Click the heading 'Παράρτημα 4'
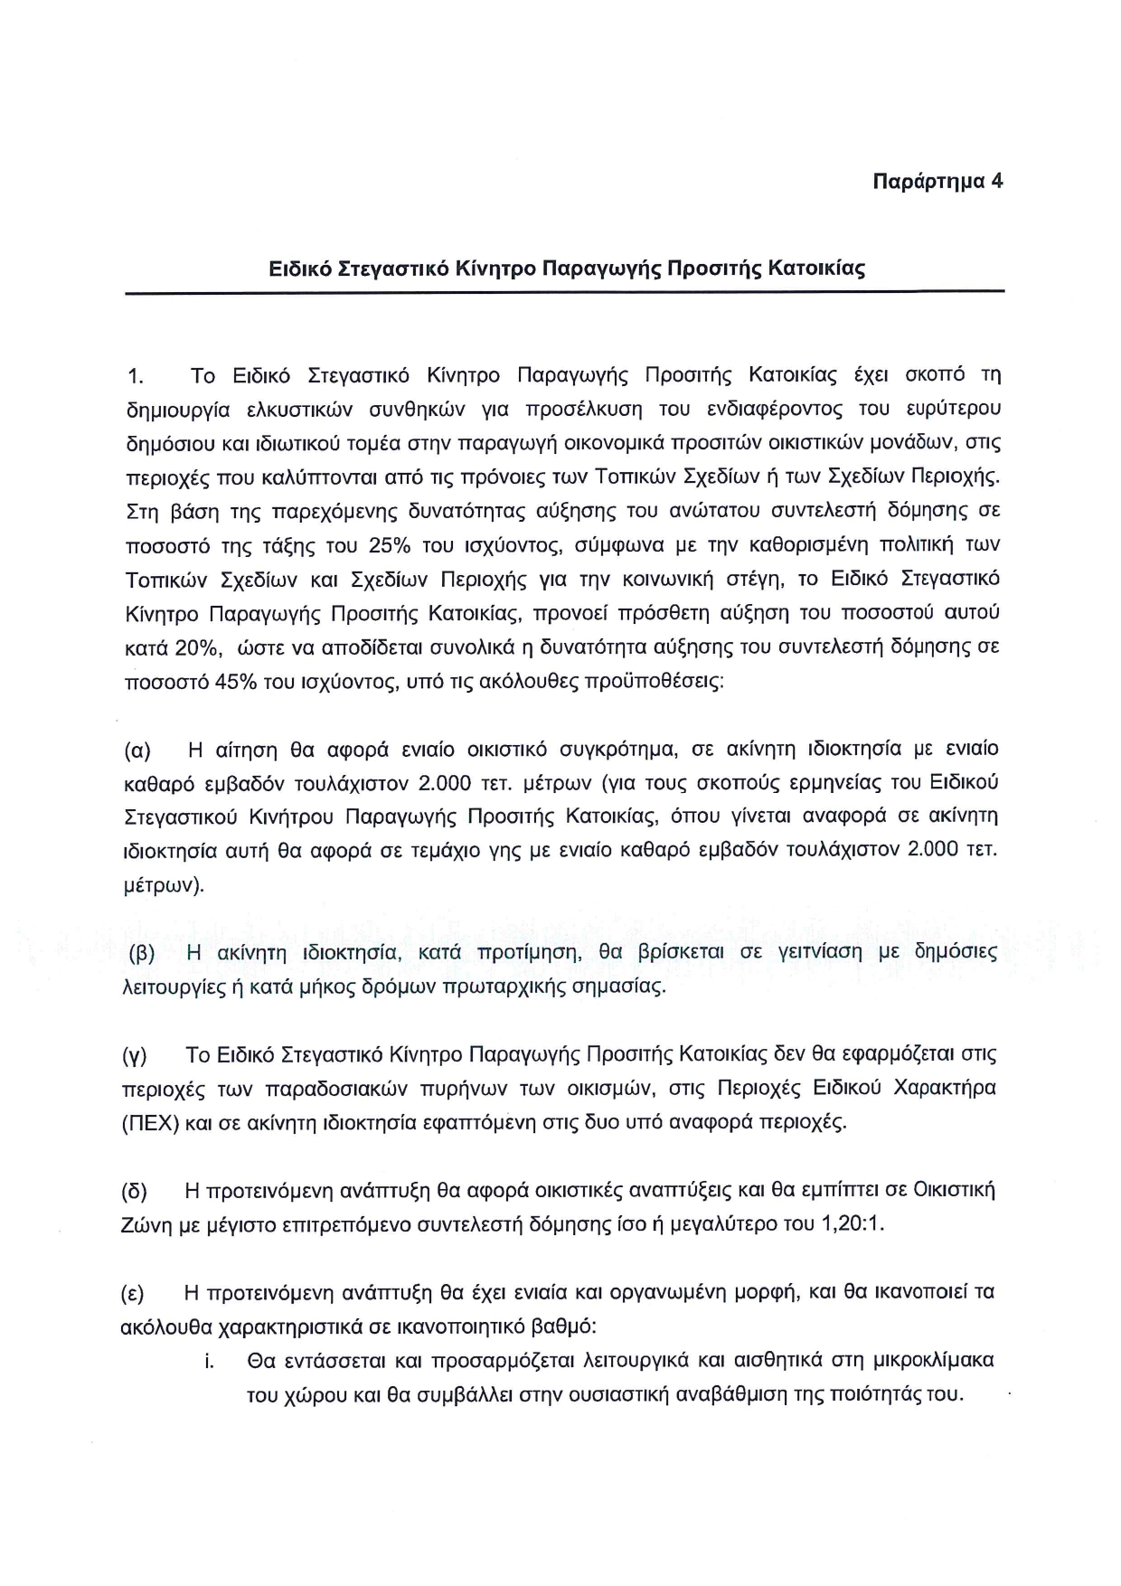(x=937, y=181)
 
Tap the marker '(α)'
(x=137, y=751)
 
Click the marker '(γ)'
(x=137, y=1056)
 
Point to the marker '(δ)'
(x=137, y=1192)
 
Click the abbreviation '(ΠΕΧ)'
(x=150, y=1124)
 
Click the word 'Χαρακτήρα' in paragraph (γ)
(x=944, y=1089)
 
